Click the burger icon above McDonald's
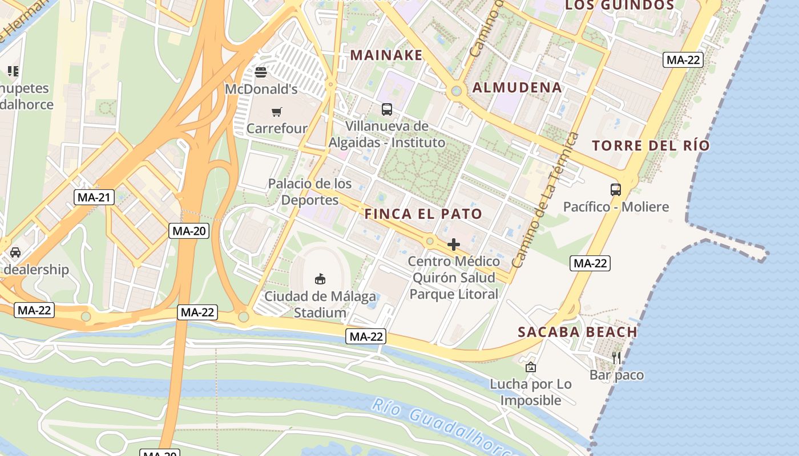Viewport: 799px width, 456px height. [261, 72]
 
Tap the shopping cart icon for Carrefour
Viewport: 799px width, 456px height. [277, 112]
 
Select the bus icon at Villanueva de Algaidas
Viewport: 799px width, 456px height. [387, 109]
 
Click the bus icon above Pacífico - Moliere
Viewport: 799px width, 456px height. [616, 190]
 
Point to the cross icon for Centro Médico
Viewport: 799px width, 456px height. [454, 245]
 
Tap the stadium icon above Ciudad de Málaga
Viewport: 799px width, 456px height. [320, 279]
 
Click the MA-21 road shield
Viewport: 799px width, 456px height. [94, 198]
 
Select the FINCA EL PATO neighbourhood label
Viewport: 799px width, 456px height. [423, 214]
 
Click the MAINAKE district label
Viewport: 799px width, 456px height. [386, 55]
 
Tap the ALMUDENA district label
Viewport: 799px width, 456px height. [518, 88]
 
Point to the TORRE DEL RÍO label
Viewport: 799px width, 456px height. [651, 145]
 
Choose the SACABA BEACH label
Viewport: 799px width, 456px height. [578, 332]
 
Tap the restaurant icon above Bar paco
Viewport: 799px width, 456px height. [616, 358]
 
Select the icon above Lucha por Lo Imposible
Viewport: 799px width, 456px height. [531, 368]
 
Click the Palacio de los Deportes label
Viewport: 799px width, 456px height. [310, 192]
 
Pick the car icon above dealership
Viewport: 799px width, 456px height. [15, 253]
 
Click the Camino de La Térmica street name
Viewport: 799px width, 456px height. [546, 199]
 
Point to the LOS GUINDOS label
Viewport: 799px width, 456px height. [619, 6]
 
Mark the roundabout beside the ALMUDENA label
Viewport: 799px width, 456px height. [456, 91]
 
